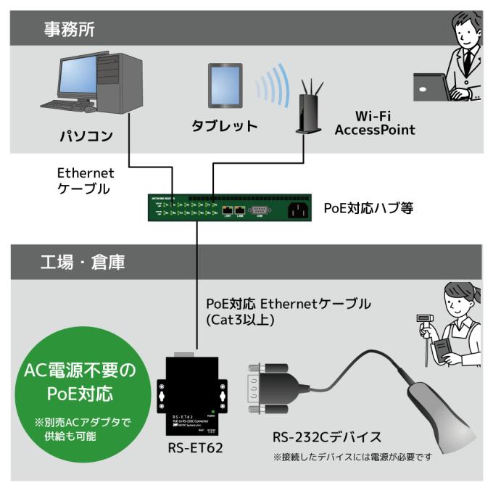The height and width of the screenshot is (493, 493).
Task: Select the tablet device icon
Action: pos(225,86)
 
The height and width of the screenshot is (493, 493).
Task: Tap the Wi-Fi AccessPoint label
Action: pos(374,123)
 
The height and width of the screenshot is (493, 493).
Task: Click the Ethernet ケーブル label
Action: pos(85,181)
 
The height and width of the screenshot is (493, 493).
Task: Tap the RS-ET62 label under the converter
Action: pos(193,447)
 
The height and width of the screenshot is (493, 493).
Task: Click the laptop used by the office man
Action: pos(433,88)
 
